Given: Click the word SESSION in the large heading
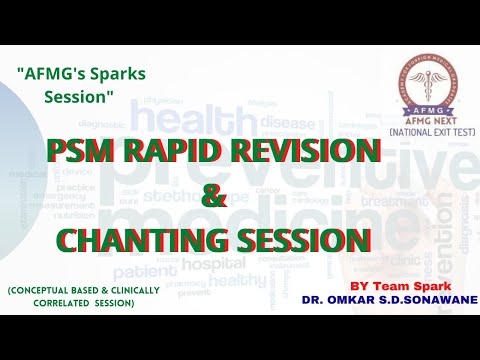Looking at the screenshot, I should point(311,241).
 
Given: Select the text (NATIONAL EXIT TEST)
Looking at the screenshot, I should point(419,132).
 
